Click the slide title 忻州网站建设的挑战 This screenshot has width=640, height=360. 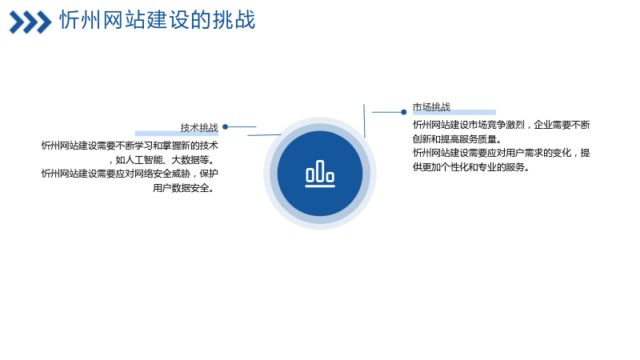[x=158, y=19]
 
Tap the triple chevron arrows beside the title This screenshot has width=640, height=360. [x=30, y=22]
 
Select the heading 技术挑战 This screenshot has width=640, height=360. [x=199, y=127]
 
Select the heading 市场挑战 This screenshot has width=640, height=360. [x=431, y=107]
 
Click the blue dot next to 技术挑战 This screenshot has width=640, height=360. [x=225, y=127]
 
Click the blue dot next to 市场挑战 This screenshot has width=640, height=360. [x=404, y=112]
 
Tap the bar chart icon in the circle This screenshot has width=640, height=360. [x=320, y=174]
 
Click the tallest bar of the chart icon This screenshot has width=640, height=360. [x=320, y=170]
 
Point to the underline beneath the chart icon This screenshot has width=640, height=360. [x=320, y=186]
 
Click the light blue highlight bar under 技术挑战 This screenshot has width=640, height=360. [x=177, y=134]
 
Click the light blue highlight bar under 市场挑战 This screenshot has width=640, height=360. [x=454, y=112]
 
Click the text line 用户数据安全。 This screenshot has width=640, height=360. [x=184, y=188]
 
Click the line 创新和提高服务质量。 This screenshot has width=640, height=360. [x=457, y=138]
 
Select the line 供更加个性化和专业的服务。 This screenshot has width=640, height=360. [x=471, y=167]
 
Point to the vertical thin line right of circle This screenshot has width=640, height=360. [x=364, y=121]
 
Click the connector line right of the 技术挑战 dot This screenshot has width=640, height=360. [x=242, y=127]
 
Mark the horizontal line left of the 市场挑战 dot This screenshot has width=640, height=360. [x=386, y=112]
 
